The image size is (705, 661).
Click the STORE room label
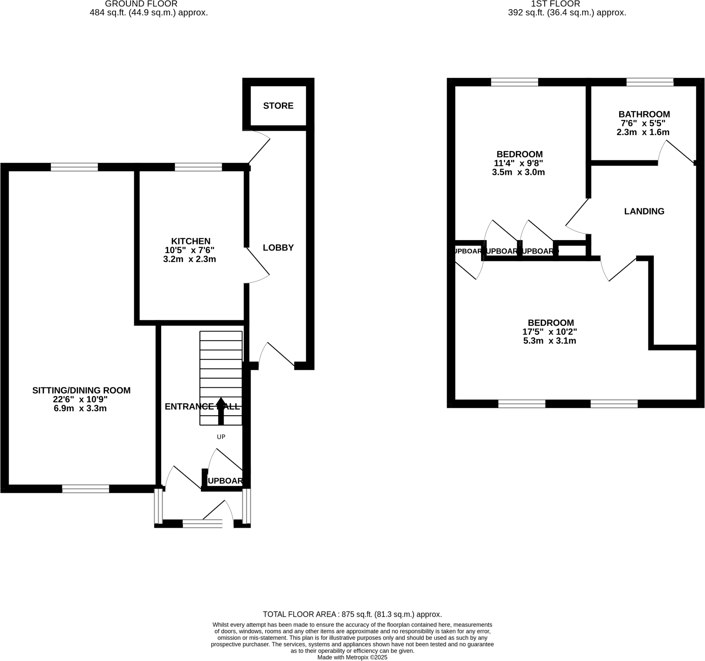click(278, 106)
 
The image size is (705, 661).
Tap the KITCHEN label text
click(190, 241)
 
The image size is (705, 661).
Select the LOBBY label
click(278, 248)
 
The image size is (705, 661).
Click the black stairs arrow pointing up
click(221, 411)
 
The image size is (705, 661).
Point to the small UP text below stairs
click(221, 437)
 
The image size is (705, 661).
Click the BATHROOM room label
click(644, 115)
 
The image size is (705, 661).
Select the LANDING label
click(644, 211)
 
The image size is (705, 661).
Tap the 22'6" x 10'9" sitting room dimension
click(81, 400)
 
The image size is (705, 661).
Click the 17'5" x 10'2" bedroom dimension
click(549, 332)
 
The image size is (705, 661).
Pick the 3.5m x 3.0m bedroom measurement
click(518, 172)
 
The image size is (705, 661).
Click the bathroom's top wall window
click(650, 82)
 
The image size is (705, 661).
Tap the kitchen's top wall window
click(198, 167)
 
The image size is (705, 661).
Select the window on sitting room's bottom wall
click(85, 489)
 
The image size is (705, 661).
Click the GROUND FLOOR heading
click(141, 4)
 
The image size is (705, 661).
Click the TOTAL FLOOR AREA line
click(352, 614)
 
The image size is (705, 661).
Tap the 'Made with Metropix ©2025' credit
click(352, 658)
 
